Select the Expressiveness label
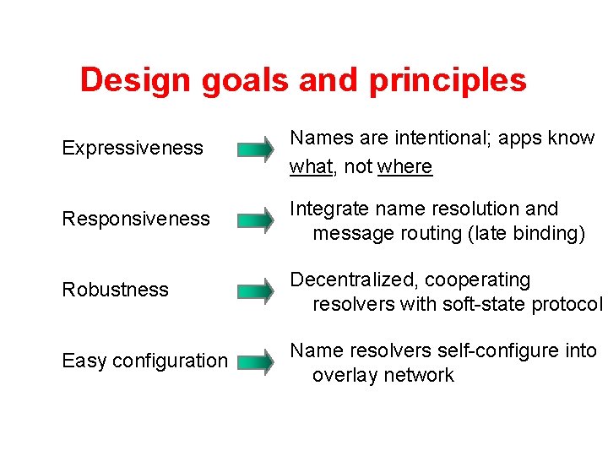click(x=133, y=148)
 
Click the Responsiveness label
click(x=136, y=219)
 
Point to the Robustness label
click(x=115, y=290)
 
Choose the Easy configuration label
click(x=144, y=361)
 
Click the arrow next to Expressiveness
click(x=255, y=151)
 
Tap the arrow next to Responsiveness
click(x=255, y=222)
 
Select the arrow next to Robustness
click(x=255, y=293)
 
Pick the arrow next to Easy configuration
click(x=255, y=364)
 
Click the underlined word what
click(x=311, y=167)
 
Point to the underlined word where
click(x=405, y=167)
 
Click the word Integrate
click(x=327, y=209)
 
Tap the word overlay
click(x=345, y=376)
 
